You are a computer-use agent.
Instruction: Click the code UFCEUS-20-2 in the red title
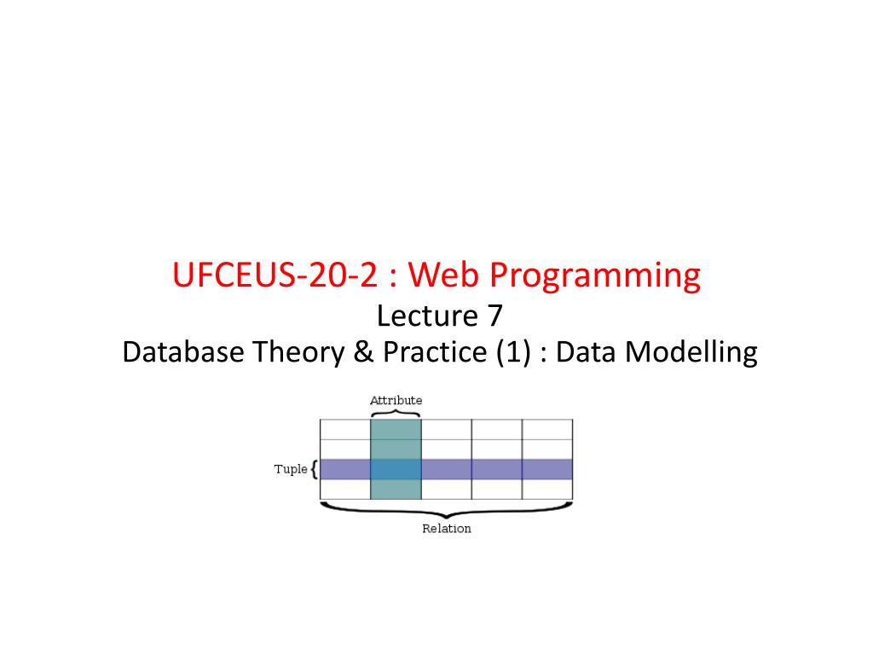click(275, 275)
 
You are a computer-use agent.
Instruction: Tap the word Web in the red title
click(443, 275)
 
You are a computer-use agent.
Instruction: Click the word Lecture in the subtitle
click(427, 316)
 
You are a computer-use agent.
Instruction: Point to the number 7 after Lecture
click(495, 316)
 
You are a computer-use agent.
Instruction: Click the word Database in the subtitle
click(183, 352)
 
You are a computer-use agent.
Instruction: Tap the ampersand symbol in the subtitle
click(363, 352)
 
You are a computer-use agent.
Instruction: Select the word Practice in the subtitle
click(435, 352)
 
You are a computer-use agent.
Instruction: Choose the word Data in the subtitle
click(586, 352)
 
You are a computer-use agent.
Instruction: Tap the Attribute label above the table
click(396, 401)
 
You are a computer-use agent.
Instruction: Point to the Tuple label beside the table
click(291, 470)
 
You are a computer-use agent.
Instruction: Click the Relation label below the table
click(447, 529)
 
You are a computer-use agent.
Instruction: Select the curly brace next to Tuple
click(315, 469)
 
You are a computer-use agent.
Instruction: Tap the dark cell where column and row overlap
click(396, 470)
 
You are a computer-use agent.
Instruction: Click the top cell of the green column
click(396, 430)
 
